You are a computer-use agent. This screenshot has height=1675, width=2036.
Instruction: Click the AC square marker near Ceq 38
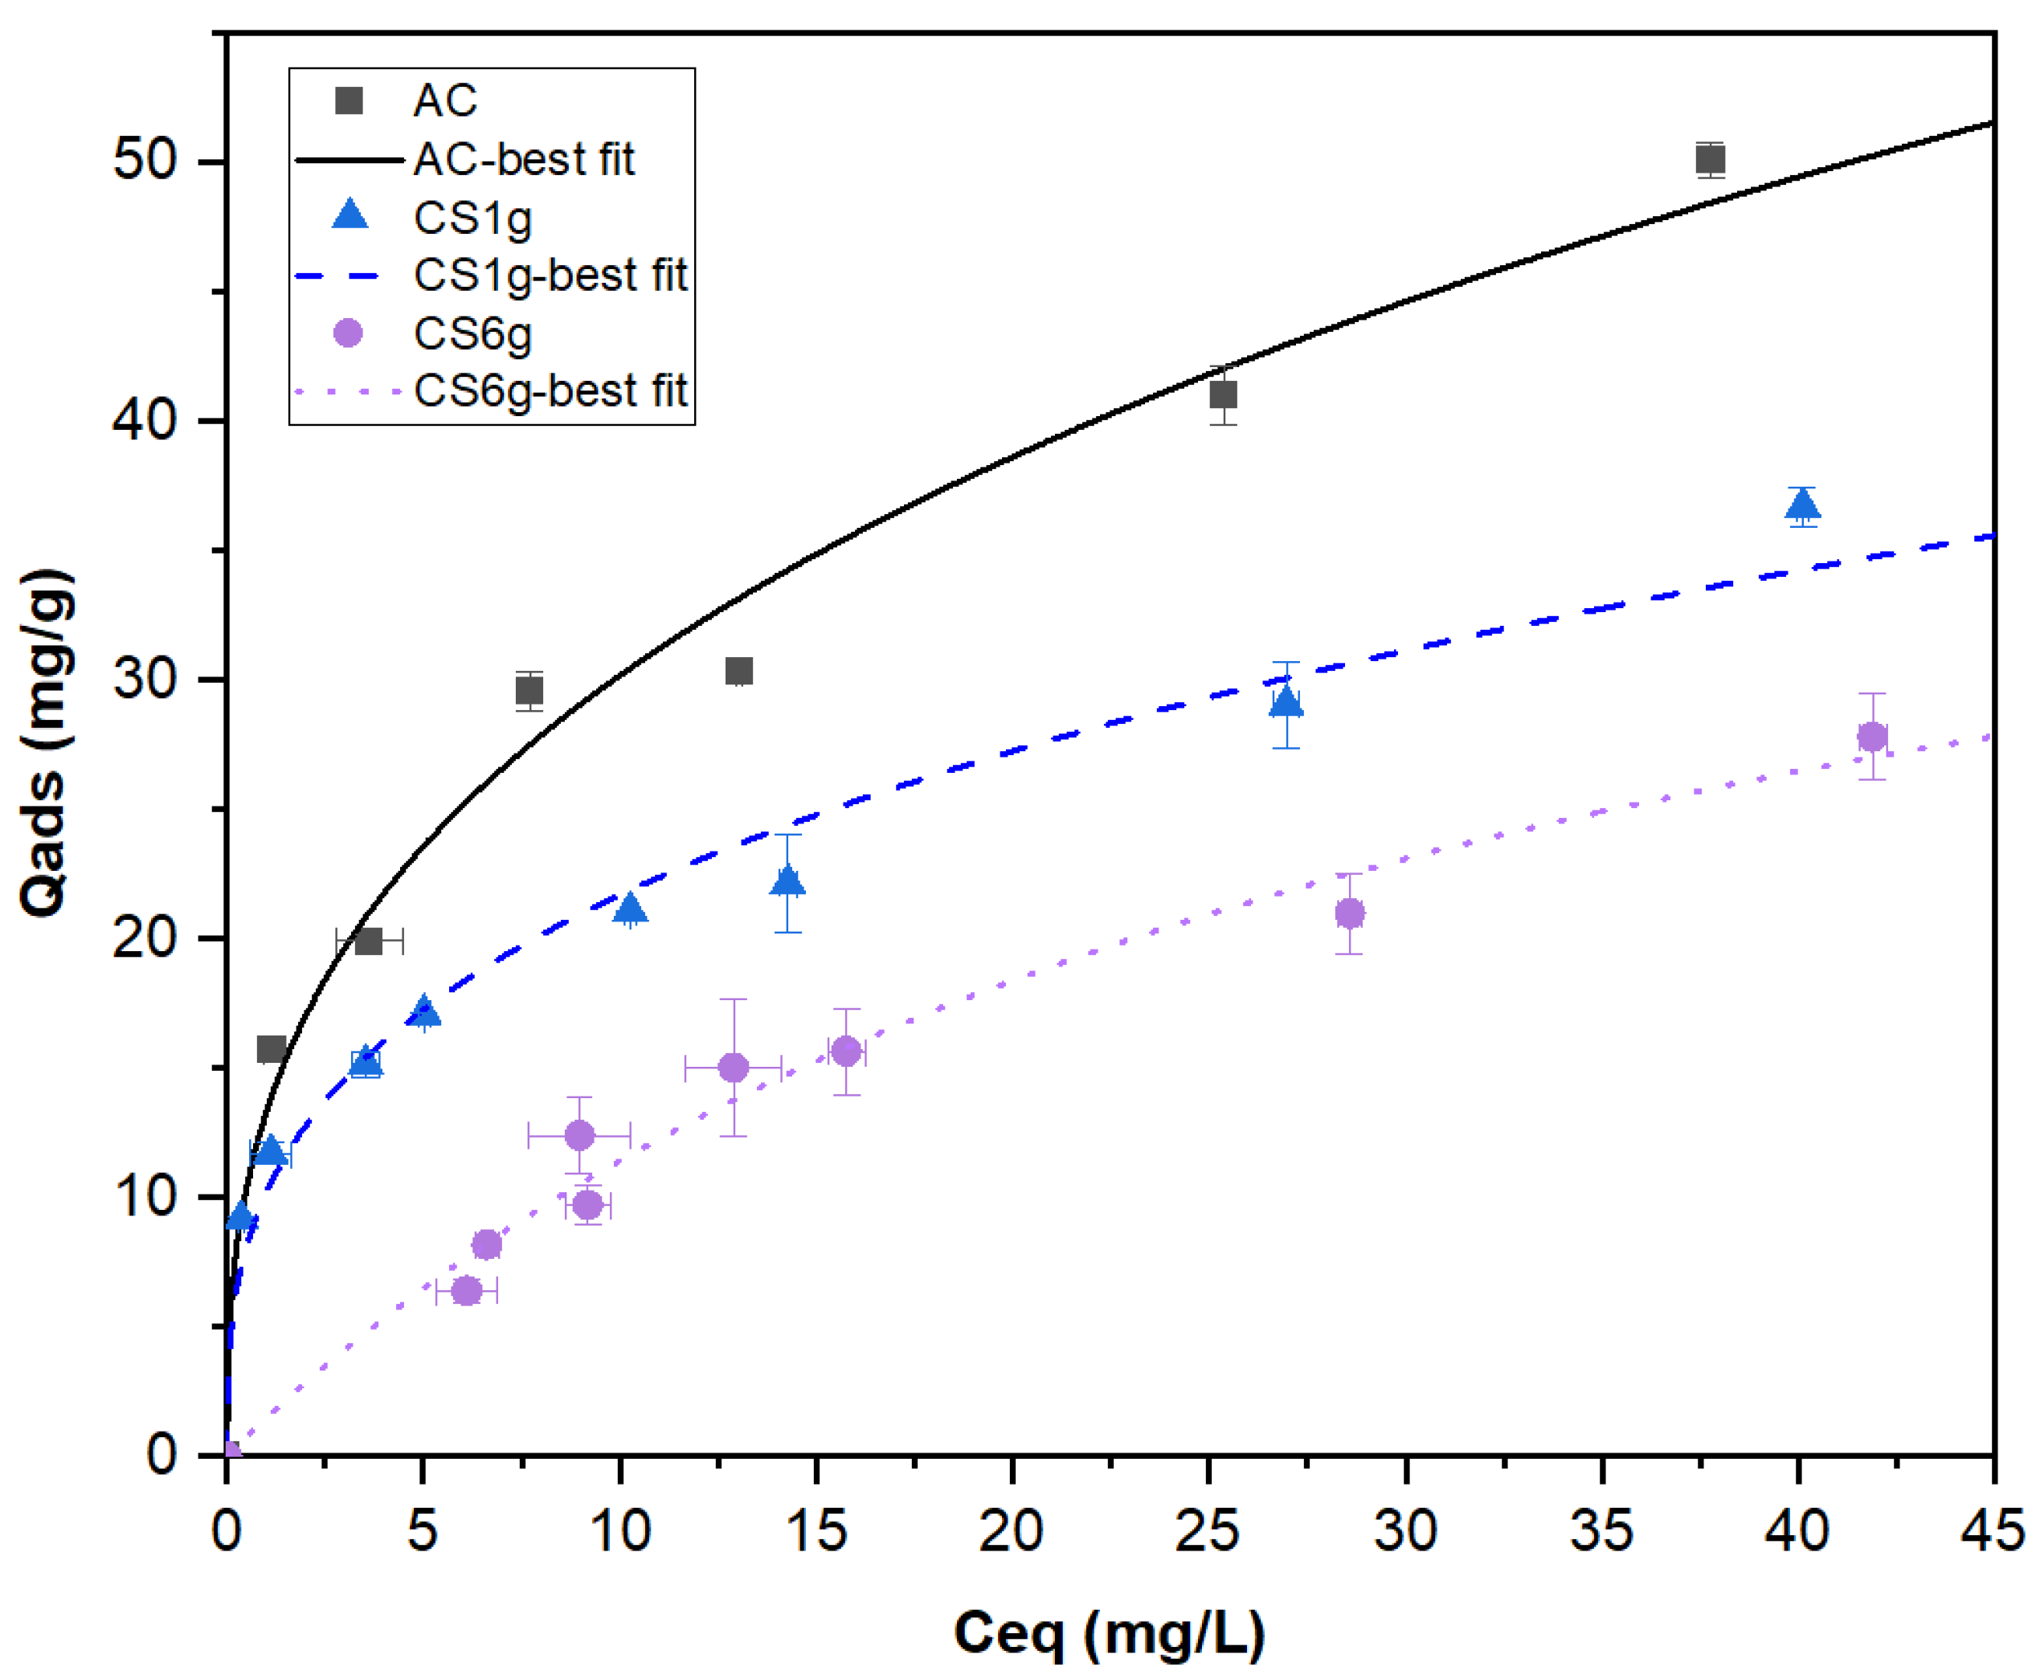click(1710, 159)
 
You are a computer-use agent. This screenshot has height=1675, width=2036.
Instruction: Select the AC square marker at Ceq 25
click(1224, 394)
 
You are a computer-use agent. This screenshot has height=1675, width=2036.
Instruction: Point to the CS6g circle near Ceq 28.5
click(1350, 913)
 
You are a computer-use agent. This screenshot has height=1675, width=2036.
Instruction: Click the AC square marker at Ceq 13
click(739, 671)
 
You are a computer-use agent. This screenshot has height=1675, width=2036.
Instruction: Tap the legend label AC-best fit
click(524, 159)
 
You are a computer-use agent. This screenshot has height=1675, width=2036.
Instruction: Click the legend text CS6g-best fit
click(550, 390)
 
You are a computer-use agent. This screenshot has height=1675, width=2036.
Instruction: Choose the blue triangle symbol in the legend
click(350, 216)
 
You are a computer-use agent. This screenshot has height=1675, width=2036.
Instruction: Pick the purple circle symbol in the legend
click(347, 333)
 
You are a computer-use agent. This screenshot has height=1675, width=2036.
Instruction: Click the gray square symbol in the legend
click(349, 100)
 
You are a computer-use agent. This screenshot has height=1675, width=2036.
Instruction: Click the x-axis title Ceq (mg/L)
click(1109, 1633)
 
